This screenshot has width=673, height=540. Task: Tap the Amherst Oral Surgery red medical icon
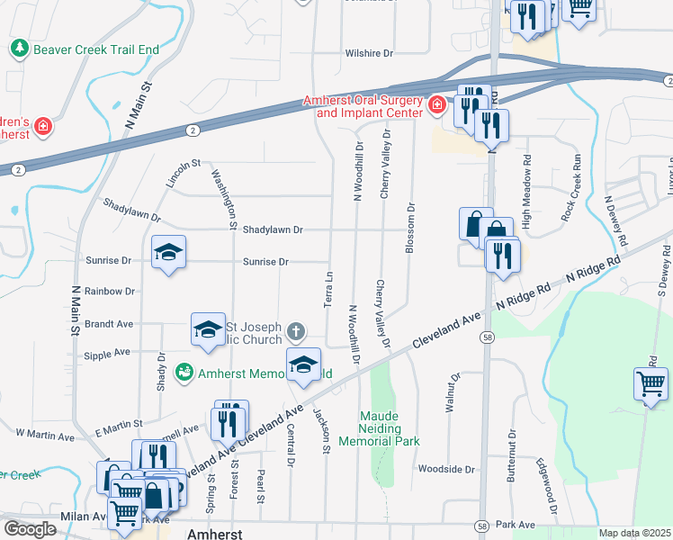(x=436, y=105)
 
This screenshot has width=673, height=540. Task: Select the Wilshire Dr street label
(x=370, y=54)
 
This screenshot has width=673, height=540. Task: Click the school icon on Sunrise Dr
(x=168, y=253)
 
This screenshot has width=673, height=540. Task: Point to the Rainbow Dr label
(x=109, y=292)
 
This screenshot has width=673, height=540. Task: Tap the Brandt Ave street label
(x=109, y=323)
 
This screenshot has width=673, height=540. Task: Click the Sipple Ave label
(x=109, y=352)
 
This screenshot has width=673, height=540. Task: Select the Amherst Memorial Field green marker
(x=184, y=371)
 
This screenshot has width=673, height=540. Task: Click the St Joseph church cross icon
(x=295, y=333)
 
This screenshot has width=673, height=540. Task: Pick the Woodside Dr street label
(x=445, y=469)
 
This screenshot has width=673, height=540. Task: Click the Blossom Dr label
(x=410, y=229)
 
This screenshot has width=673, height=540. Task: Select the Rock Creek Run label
(x=571, y=189)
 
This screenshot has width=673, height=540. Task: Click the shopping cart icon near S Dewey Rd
(x=650, y=384)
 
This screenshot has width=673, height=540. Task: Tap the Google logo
(x=30, y=529)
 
